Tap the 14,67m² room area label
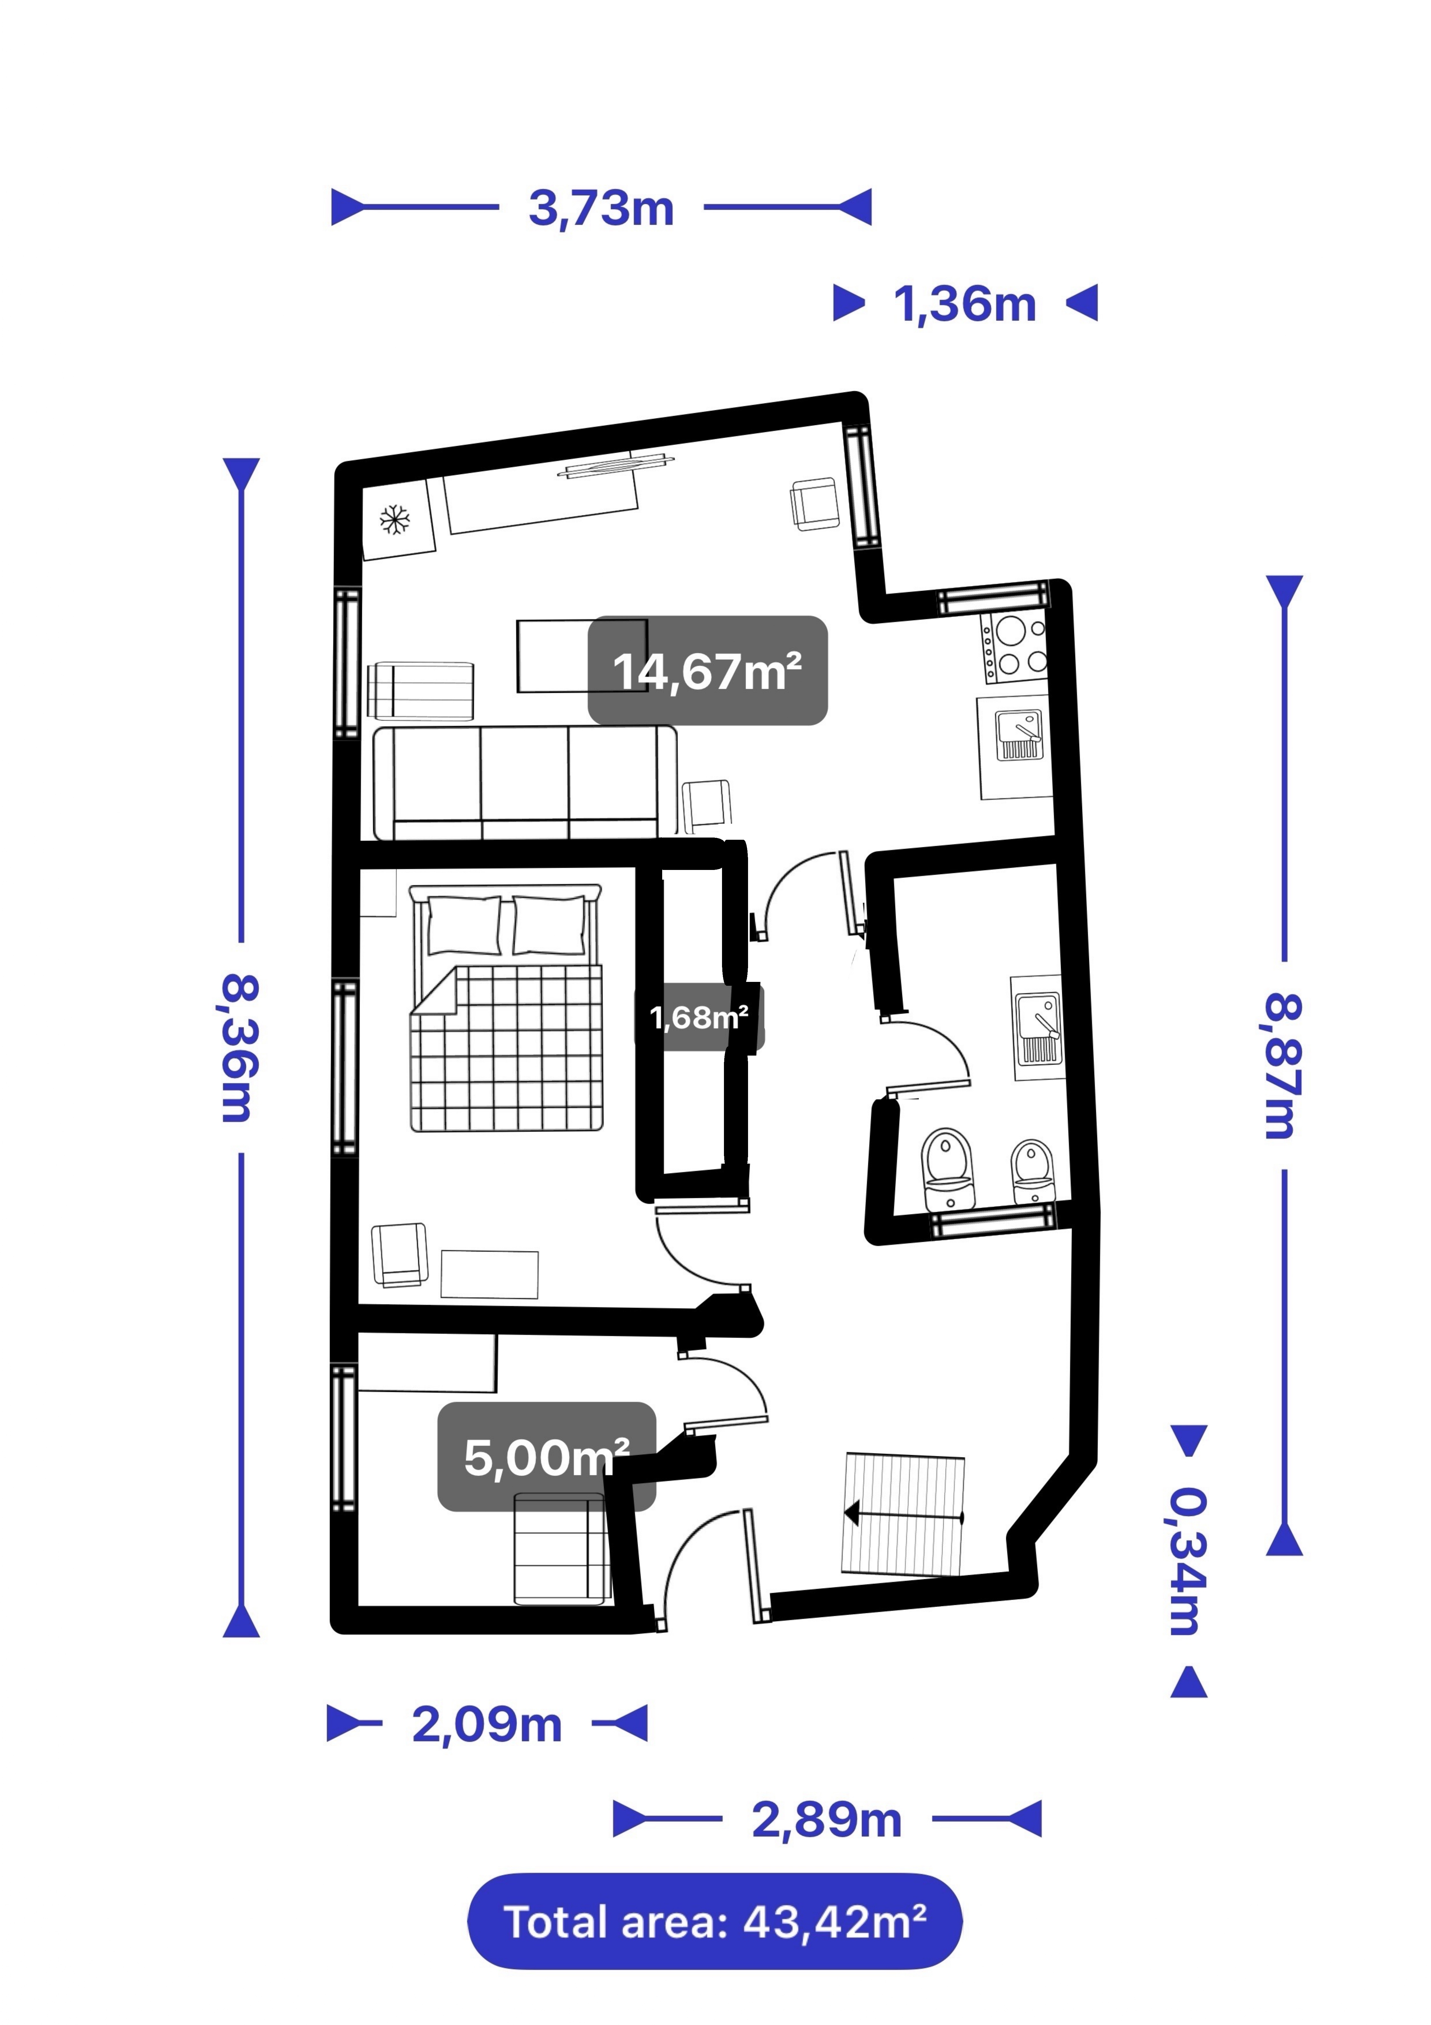pyautogui.click(x=707, y=671)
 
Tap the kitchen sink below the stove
pyautogui.click(x=1019, y=736)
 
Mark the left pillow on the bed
pyautogui.click(x=464, y=925)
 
